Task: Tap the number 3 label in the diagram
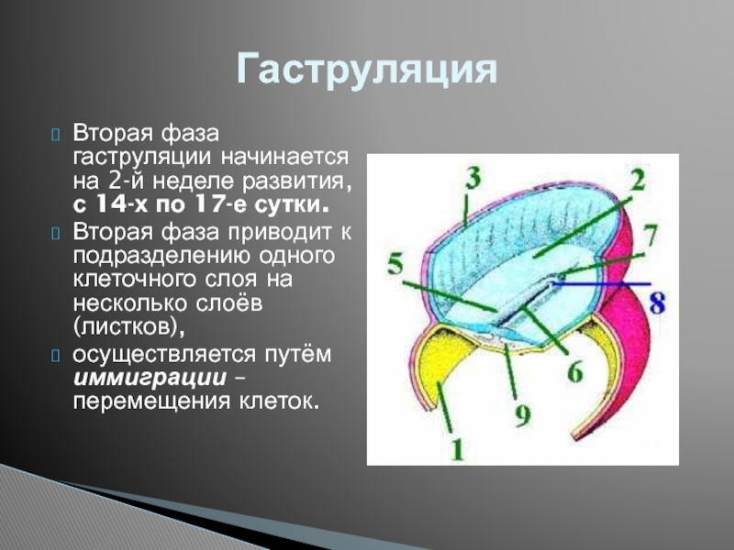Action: pyautogui.click(x=473, y=178)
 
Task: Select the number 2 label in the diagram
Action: pyautogui.click(x=637, y=180)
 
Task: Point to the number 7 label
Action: pyautogui.click(x=651, y=236)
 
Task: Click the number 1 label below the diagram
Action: pyautogui.click(x=456, y=449)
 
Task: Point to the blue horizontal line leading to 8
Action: pyautogui.click(x=602, y=283)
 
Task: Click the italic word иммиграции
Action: pyautogui.click(x=150, y=378)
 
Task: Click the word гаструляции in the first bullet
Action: pyautogui.click(x=143, y=158)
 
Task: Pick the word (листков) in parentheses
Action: pyautogui.click(x=128, y=327)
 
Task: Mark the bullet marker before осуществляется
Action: pyautogui.click(x=55, y=356)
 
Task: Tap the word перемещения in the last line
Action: pyautogui.click(x=151, y=402)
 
